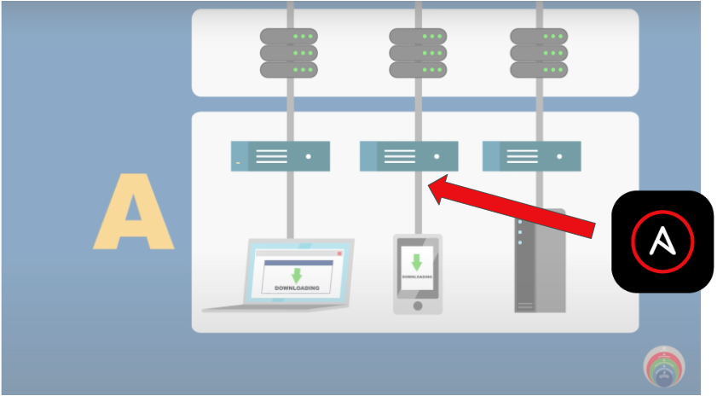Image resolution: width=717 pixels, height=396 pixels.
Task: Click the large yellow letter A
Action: pos(132,213)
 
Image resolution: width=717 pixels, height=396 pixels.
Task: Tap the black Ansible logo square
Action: pos(662,242)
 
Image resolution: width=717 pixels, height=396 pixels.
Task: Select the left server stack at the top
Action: pos(288,53)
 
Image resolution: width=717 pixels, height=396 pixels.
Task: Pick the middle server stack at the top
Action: pos(418,53)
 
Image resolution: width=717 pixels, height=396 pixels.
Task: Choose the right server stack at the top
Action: pos(539,53)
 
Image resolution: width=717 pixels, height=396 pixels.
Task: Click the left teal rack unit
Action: pos(280,157)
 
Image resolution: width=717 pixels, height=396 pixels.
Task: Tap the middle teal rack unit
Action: pos(409,157)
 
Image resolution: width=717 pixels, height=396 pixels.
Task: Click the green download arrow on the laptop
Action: pos(296,275)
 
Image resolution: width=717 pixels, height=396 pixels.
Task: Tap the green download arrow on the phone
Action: pos(417,262)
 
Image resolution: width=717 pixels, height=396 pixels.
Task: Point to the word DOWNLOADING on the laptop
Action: pos(296,288)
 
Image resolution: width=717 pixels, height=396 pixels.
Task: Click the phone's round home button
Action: pos(417,305)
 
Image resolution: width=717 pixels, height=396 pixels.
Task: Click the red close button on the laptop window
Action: pos(338,253)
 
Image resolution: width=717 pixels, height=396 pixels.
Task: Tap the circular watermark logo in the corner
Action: pos(663,367)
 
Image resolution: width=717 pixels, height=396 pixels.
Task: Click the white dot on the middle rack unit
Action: pos(437,157)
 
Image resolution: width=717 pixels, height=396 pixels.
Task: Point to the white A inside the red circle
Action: pos(662,242)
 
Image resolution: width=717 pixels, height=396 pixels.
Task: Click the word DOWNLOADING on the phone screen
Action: pos(417,276)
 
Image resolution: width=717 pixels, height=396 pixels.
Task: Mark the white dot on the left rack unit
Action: pos(308,157)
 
